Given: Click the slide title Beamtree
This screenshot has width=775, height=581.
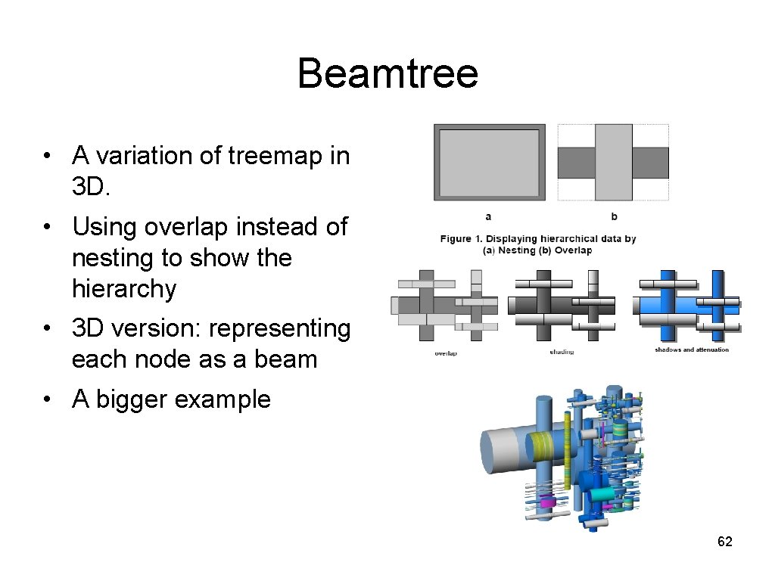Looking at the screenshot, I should (387, 74).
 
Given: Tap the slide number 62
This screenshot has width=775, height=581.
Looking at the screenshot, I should (724, 542).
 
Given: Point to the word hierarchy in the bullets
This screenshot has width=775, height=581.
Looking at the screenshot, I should (124, 288).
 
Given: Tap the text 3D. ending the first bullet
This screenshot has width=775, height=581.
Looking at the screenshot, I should (91, 187).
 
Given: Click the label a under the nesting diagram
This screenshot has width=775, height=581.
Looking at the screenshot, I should (488, 217).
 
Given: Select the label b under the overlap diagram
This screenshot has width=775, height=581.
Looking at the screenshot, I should (614, 217).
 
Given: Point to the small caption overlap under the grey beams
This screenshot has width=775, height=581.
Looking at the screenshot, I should (446, 353).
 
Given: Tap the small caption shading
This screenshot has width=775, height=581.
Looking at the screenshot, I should (562, 353).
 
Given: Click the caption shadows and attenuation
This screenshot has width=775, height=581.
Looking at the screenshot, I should (692, 350).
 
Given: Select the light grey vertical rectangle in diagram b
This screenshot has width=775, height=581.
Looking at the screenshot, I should (613, 162).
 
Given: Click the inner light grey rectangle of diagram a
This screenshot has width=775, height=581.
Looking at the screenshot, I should (489, 162).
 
